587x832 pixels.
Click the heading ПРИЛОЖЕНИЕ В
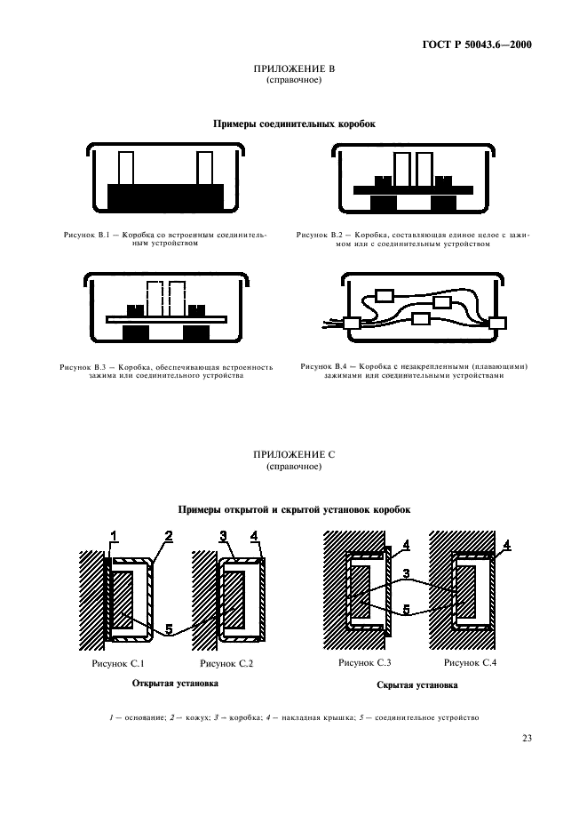(293, 69)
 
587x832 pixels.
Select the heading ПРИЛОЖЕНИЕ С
(293, 453)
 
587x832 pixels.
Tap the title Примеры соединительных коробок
(293, 124)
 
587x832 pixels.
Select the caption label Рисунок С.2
(226, 663)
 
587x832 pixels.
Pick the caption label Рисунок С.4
(469, 663)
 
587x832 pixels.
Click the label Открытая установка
(174, 684)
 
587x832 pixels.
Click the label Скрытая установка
(417, 685)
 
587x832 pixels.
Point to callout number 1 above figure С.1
(113, 535)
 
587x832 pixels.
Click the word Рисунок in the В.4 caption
(315, 365)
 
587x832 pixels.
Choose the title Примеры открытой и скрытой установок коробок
(293, 509)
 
